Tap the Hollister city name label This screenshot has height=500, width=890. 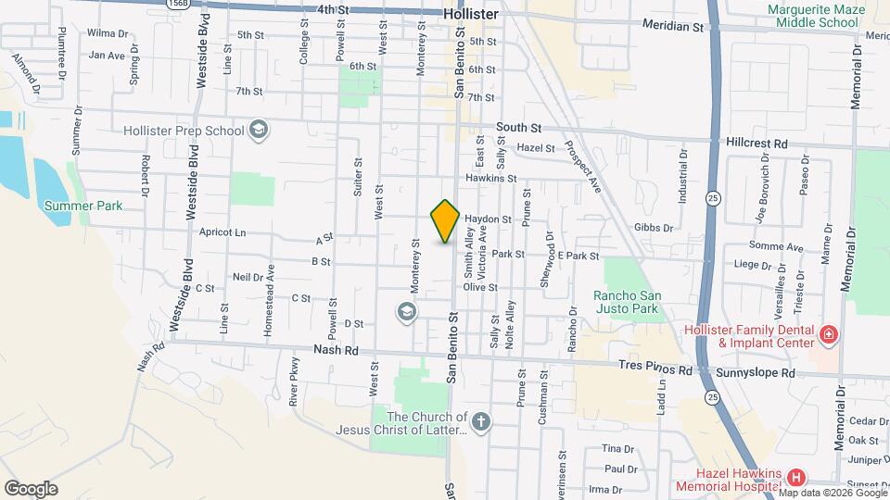[471, 15]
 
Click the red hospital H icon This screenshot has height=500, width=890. [795, 478]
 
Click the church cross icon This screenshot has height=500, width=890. [480, 423]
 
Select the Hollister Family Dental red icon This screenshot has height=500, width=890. [828, 333]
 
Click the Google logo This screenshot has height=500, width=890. [32, 488]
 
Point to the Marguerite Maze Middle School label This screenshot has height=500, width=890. [812, 16]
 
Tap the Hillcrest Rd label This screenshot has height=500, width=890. [756, 144]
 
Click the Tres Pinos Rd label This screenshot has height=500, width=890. [659, 369]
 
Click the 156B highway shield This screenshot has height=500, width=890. [178, 3]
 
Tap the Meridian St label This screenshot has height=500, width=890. [673, 28]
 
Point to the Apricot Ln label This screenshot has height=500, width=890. [222, 232]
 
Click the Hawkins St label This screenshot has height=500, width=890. [490, 178]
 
